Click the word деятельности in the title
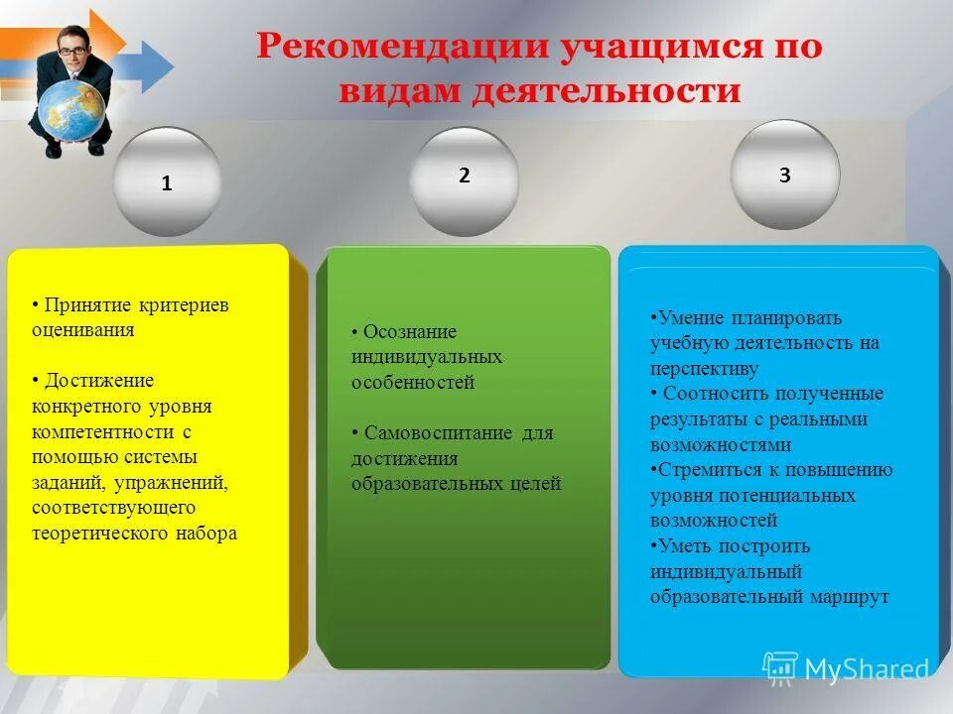coord(606,91)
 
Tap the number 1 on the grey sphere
coord(167,183)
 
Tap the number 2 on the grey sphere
coord(464,176)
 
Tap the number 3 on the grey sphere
coord(784,176)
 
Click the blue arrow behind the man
coord(149,64)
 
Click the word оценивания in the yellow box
coord(82,330)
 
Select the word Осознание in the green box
coord(409,331)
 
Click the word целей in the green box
coord(537,484)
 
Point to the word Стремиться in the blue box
coord(702,469)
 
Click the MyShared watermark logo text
coord(866,668)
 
